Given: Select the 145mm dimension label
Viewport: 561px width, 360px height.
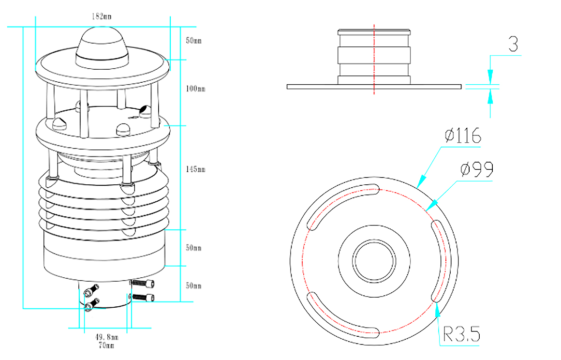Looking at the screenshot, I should (195, 169).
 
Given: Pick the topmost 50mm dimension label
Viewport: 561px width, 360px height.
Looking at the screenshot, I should (193, 40).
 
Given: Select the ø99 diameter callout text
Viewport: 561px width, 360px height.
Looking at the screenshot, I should (476, 169).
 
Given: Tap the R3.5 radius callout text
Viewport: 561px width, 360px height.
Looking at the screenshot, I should (461, 334).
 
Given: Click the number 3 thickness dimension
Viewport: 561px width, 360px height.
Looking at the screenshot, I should (513, 45).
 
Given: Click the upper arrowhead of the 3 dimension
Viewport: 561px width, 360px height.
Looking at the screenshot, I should (490, 76).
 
